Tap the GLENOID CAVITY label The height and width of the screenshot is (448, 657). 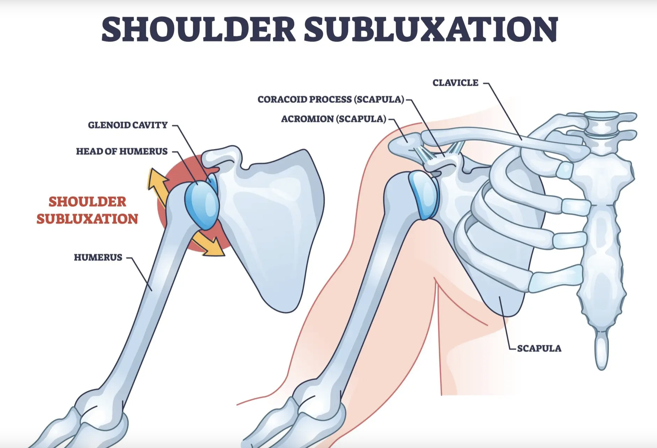[x=128, y=125]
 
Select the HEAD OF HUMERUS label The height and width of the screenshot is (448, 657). [x=122, y=152]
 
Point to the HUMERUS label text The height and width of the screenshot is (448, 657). [x=98, y=258]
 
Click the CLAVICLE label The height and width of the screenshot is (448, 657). [x=455, y=83]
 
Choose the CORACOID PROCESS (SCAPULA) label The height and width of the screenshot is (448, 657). [x=331, y=100]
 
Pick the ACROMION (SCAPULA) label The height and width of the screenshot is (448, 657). [x=333, y=119]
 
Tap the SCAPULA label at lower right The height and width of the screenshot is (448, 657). [x=539, y=348]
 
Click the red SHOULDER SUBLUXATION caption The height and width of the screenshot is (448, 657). [x=87, y=210]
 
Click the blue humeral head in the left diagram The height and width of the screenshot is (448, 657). [x=202, y=205]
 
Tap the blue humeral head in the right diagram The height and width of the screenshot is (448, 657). [x=424, y=195]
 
